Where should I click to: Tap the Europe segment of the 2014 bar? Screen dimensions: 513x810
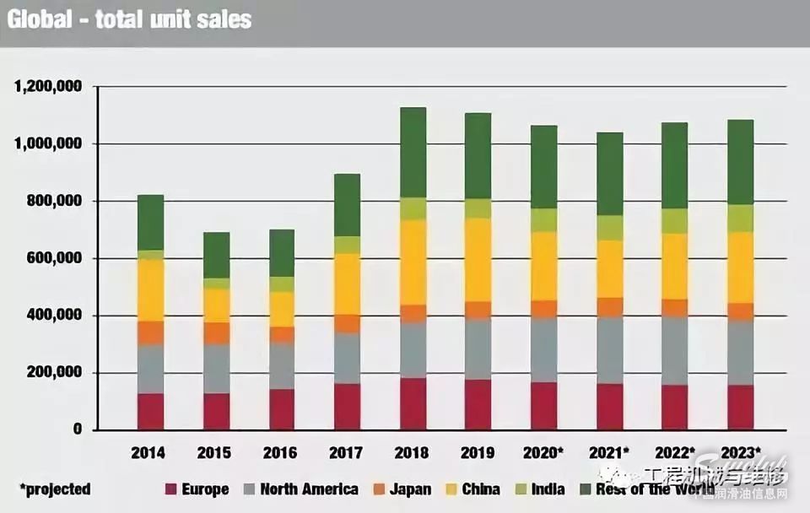tap(151, 411)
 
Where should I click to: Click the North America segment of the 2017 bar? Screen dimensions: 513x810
tap(347, 358)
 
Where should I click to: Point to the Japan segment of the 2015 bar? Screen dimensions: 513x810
tap(216, 333)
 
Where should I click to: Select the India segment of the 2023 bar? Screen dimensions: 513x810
tap(740, 219)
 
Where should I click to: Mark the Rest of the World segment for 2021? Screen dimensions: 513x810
tap(609, 174)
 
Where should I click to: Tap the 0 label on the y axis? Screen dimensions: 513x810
tap(77, 429)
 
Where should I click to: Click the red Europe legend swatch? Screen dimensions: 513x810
tap(170, 489)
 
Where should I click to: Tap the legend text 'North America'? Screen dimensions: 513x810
tap(309, 489)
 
